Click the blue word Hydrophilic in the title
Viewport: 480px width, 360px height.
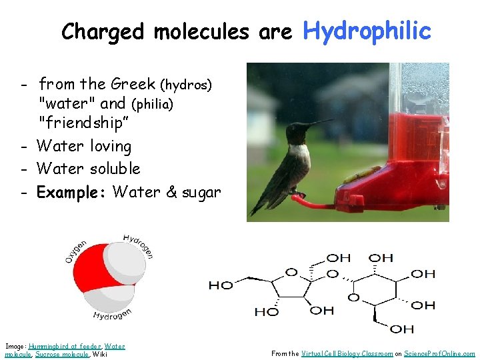pyautogui.click(x=367, y=30)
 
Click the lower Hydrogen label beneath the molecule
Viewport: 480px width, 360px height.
pyautogui.click(x=112, y=313)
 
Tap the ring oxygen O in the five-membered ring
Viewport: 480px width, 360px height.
pyautogui.click(x=291, y=273)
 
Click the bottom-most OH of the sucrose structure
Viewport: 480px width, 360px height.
pyautogui.click(x=401, y=329)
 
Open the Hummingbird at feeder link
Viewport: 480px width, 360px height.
pyautogui.click(x=65, y=346)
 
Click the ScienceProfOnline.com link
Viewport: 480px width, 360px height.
pyautogui.click(x=440, y=354)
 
